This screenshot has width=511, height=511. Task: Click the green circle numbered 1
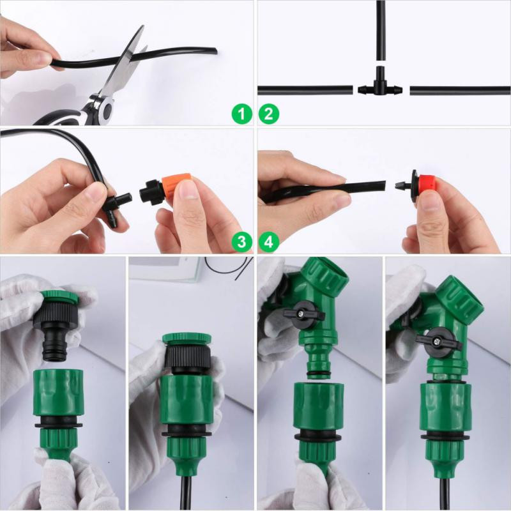[x=241, y=115]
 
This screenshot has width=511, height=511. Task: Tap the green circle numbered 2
[x=269, y=115]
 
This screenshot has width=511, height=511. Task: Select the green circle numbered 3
[x=241, y=241]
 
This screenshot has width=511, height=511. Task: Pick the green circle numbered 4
[x=269, y=241]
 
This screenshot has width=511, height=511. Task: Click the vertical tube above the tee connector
[x=381, y=32]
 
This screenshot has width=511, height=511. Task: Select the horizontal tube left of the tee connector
[x=305, y=90]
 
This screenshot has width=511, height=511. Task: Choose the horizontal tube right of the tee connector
[x=460, y=90]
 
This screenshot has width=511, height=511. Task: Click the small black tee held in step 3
[x=114, y=204]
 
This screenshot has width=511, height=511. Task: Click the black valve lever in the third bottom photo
[x=304, y=312]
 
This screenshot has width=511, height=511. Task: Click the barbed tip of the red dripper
[x=400, y=185]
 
